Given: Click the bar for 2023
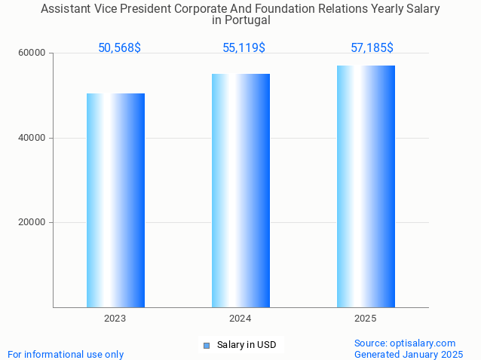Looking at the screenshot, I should (115, 200).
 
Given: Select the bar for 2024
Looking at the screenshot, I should (240, 191).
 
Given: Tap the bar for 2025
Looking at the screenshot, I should (366, 186).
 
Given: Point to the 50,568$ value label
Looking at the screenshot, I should (119, 48).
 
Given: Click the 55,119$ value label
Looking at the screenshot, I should (244, 48).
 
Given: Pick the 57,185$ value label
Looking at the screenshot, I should (372, 48).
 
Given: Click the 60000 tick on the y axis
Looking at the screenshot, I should (32, 53).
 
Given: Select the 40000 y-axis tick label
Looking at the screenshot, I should (32, 138).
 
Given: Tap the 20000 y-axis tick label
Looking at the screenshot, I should (32, 223).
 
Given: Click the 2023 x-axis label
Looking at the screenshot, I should (115, 319).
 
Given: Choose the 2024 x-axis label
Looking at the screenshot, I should (240, 319).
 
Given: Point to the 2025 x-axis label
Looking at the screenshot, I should (366, 319).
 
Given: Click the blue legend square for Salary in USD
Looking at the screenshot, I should (206, 346).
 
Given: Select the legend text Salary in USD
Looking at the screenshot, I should (247, 346).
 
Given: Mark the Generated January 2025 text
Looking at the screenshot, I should (409, 354).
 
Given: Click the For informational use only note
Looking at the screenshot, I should (66, 354).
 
